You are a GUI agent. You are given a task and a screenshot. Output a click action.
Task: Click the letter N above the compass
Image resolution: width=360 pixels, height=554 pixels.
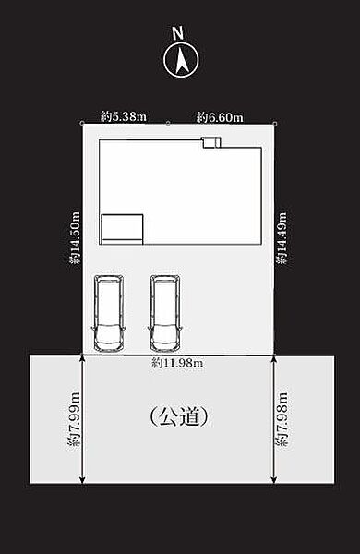click(178, 34)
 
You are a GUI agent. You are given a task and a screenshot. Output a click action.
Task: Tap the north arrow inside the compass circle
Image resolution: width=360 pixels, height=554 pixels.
click(182, 60)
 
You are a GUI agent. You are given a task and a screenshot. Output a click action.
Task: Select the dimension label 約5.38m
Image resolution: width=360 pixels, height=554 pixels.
click(124, 116)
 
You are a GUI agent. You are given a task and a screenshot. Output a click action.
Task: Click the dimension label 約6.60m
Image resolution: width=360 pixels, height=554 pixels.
click(220, 117)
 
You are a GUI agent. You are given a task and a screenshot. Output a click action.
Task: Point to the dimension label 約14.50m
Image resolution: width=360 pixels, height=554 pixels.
click(75, 237)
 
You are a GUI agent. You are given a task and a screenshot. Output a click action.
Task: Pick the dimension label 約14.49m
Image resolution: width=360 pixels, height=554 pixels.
click(282, 237)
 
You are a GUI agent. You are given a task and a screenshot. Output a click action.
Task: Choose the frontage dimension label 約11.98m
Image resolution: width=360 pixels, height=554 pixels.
click(177, 363)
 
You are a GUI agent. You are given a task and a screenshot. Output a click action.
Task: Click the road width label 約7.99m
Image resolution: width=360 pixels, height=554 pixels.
click(74, 419)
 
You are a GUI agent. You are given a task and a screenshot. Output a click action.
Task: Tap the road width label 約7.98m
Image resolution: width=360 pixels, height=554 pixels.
click(282, 419)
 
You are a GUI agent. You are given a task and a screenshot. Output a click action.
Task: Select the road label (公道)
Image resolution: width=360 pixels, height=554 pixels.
click(179, 417)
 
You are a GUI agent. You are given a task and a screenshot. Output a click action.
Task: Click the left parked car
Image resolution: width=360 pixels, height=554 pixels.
click(109, 314)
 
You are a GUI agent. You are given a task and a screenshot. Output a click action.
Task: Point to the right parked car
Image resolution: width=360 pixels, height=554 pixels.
click(165, 314)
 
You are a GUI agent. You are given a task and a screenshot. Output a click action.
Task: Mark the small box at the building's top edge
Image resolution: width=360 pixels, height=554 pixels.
click(210, 141)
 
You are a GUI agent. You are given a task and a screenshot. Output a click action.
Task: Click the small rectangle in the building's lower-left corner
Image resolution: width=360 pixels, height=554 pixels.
click(122, 229)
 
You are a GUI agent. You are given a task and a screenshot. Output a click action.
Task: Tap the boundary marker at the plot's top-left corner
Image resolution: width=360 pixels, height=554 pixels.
click(82, 124)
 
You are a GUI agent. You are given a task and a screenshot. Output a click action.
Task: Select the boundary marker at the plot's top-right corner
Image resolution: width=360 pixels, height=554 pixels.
click(275, 124)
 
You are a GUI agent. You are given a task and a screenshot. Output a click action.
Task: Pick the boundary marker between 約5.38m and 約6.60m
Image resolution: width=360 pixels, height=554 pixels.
click(168, 124)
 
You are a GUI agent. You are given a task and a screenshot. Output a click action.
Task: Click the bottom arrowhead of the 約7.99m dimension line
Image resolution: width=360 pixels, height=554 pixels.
click(82, 479)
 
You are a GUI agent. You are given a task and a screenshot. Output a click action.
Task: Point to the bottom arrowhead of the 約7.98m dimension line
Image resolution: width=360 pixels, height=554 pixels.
click(274, 479)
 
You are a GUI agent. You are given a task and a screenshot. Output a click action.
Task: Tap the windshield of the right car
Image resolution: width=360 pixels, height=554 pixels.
click(165, 330)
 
